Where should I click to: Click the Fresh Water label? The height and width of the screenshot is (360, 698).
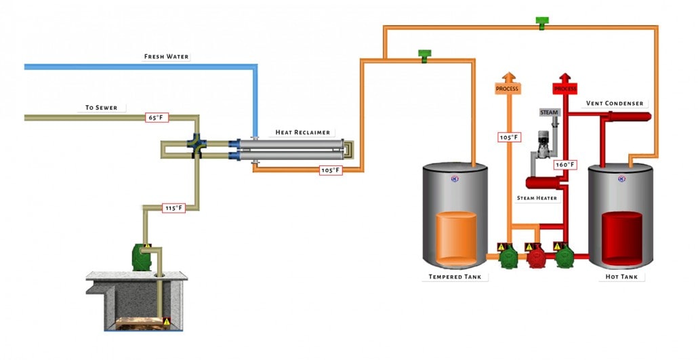point(166,56)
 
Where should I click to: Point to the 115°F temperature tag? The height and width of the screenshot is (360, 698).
point(173,208)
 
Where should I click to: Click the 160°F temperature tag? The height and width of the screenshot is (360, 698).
point(565,164)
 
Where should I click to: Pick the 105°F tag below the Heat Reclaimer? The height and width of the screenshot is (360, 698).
point(331,170)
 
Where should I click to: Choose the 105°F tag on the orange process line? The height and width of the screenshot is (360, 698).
point(509,138)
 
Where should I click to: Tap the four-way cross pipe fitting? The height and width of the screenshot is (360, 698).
point(197,144)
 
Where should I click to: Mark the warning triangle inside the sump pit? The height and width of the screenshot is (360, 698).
point(167,321)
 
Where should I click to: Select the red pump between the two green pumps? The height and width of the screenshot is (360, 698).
point(537,257)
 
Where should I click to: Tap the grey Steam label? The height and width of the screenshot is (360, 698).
point(549,112)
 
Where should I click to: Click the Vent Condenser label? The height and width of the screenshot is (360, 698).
point(615,104)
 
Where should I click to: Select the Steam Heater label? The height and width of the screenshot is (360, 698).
point(538,198)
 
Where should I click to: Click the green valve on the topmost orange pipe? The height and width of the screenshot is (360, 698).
point(541,22)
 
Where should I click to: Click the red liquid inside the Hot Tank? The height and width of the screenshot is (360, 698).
point(622,237)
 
